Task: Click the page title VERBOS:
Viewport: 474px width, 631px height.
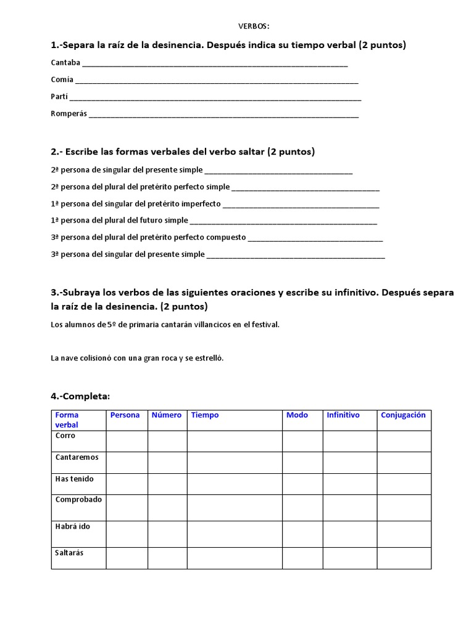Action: click(x=254, y=26)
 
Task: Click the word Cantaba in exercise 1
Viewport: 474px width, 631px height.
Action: click(x=65, y=63)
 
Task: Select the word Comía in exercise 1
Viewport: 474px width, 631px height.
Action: click(x=62, y=79)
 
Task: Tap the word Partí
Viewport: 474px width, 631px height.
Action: click(x=59, y=97)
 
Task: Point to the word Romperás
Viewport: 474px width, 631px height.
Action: click(x=69, y=114)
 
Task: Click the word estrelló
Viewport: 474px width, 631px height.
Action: click(x=209, y=358)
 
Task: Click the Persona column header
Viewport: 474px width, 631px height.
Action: click(x=125, y=415)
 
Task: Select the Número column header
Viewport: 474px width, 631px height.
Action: click(x=167, y=415)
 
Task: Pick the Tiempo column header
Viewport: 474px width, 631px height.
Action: click(x=205, y=415)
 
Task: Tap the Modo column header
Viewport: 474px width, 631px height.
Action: click(x=297, y=415)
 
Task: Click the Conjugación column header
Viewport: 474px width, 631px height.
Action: click(x=403, y=415)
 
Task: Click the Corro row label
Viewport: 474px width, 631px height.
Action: click(x=65, y=436)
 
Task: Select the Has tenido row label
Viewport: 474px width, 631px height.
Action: click(x=74, y=479)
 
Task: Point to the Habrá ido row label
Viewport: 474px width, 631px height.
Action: click(x=72, y=526)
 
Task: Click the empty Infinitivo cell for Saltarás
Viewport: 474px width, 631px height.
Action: click(x=349, y=558)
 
